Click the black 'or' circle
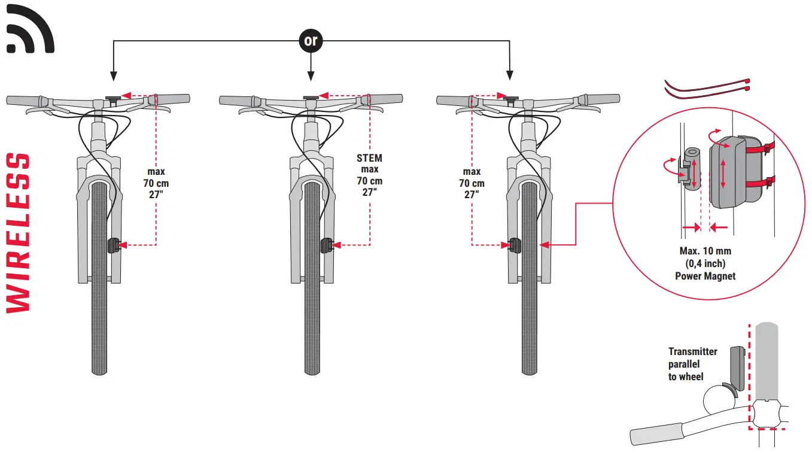(x=310, y=41)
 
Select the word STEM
(x=369, y=159)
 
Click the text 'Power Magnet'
(x=705, y=276)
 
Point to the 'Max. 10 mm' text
(x=705, y=251)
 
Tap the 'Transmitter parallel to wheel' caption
(x=692, y=364)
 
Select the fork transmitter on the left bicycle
(x=114, y=245)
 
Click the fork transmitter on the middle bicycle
(x=326, y=245)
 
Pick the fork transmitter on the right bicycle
(x=513, y=245)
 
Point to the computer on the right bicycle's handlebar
(x=510, y=97)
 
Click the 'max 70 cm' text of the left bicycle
(x=156, y=183)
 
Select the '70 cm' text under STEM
(x=369, y=181)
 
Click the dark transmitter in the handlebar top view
(x=735, y=369)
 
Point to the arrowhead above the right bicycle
(x=509, y=75)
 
